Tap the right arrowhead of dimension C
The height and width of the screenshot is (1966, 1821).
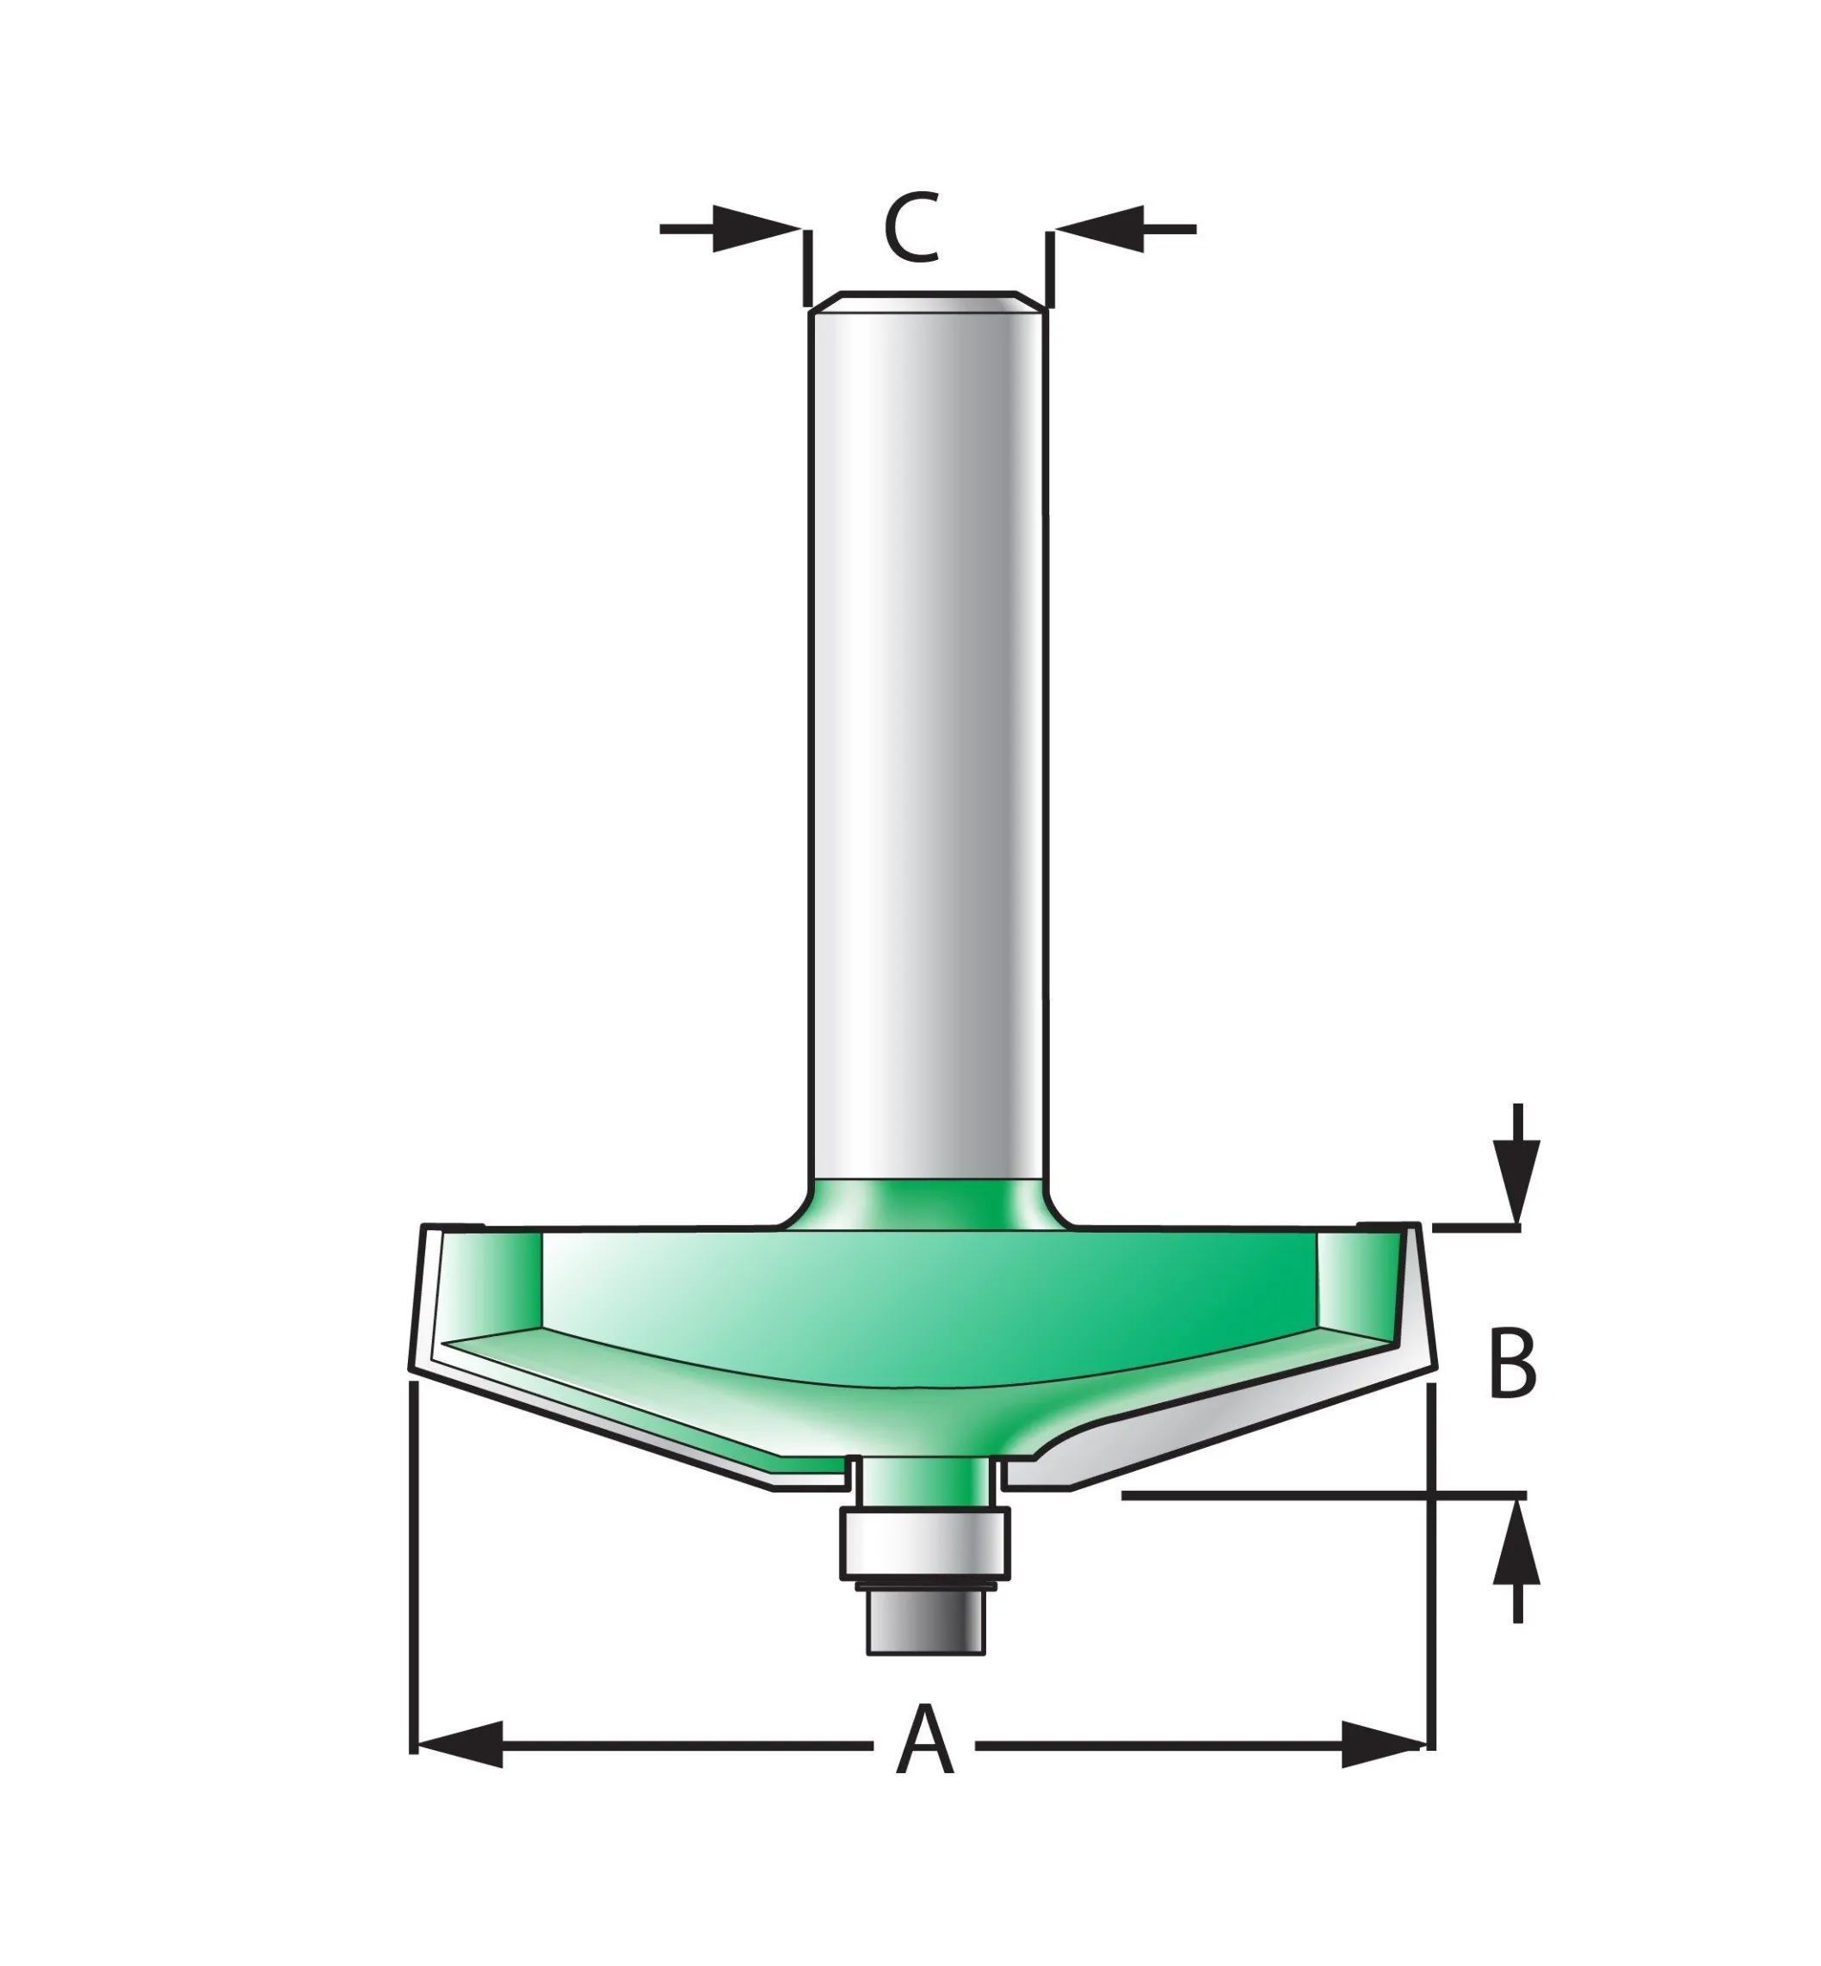pos(1100,229)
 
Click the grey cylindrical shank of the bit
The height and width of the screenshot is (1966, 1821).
pos(926,739)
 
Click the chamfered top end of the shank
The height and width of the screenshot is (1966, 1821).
pos(927,301)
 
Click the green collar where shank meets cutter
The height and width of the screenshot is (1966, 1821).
pos(926,1203)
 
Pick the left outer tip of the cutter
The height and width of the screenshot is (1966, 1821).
pos(414,1365)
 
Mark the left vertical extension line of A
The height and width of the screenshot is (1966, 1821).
pos(413,1577)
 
